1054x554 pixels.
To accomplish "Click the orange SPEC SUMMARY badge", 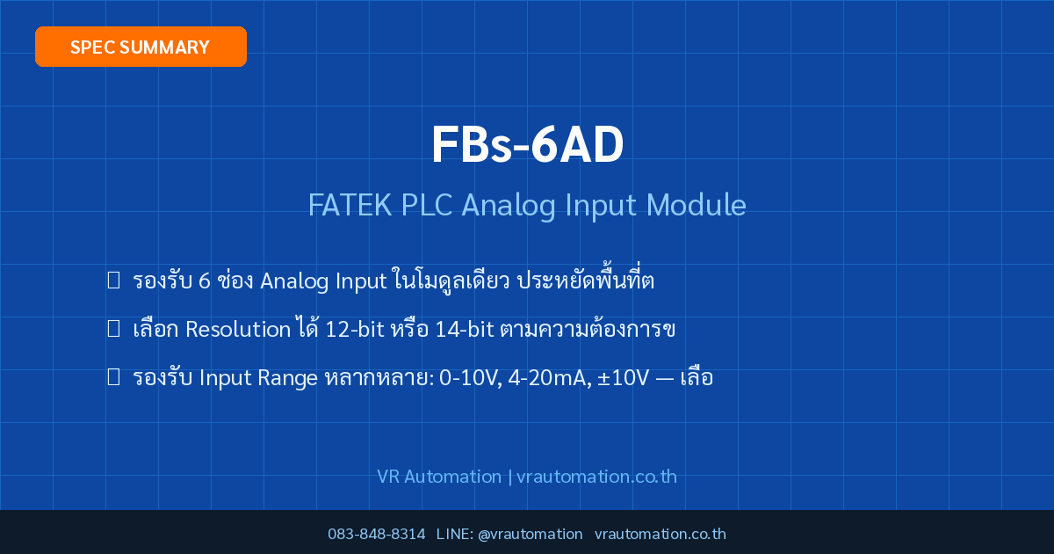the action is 141,47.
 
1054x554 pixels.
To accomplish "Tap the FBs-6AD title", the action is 528,144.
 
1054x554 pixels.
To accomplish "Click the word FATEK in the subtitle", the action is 350,205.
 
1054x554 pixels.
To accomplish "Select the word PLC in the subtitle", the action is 427,205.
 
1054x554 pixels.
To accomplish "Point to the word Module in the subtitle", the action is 696,205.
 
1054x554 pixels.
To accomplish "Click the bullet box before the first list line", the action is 113,280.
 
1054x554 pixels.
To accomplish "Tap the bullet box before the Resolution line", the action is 113,328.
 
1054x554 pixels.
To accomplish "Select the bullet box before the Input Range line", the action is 113,377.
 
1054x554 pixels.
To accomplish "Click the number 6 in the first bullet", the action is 204,281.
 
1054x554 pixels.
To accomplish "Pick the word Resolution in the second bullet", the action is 238,329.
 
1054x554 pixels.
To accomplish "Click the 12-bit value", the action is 355,329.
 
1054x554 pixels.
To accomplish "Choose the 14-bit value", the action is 465,329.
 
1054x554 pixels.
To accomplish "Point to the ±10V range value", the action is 624,378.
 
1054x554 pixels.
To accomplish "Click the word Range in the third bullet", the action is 287,379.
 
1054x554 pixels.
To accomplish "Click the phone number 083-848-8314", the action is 377,534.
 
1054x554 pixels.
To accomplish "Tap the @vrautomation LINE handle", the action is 531,535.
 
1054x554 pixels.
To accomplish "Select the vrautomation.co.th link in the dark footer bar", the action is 661,534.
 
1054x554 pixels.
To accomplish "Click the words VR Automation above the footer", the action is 439,477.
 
